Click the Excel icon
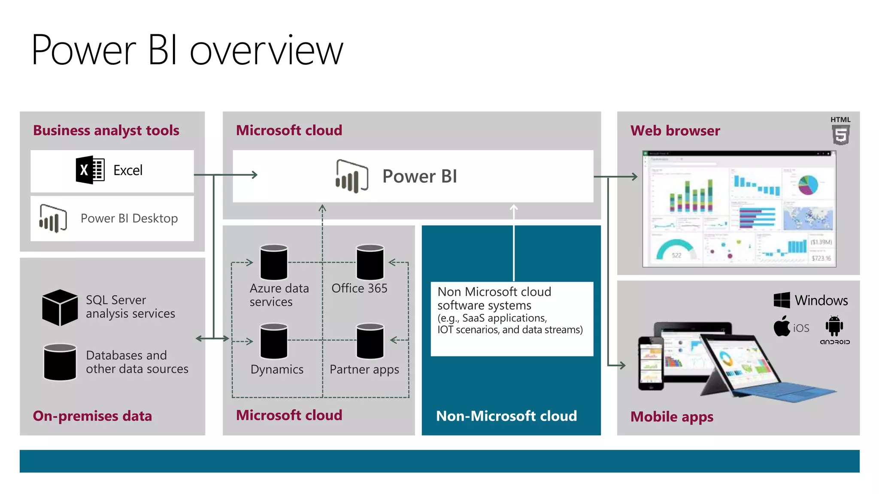tap(90, 170)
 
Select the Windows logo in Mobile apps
tap(782, 300)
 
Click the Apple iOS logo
tap(782, 327)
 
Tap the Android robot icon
tap(834, 326)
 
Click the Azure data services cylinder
tap(274, 262)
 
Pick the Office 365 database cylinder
tap(370, 262)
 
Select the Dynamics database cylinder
tap(274, 341)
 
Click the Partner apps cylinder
tap(370, 341)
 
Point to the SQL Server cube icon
tap(60, 307)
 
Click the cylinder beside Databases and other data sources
tap(60, 362)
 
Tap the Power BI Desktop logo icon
tap(53, 218)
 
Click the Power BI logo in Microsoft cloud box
tap(352, 176)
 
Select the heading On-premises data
tap(92, 416)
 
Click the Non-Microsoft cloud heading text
tap(506, 416)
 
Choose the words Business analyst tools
tap(106, 130)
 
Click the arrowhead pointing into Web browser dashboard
tap(634, 176)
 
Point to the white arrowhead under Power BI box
tap(514, 208)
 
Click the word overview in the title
tap(267, 51)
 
